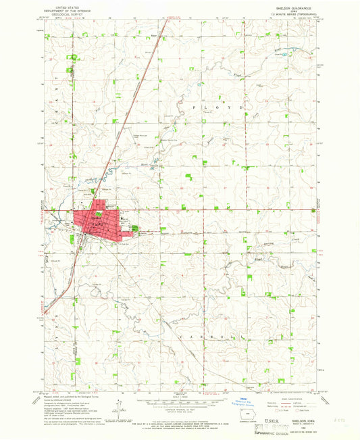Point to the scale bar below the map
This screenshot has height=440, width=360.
(x=181, y=403)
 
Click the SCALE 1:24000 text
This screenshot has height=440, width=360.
(x=181, y=397)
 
